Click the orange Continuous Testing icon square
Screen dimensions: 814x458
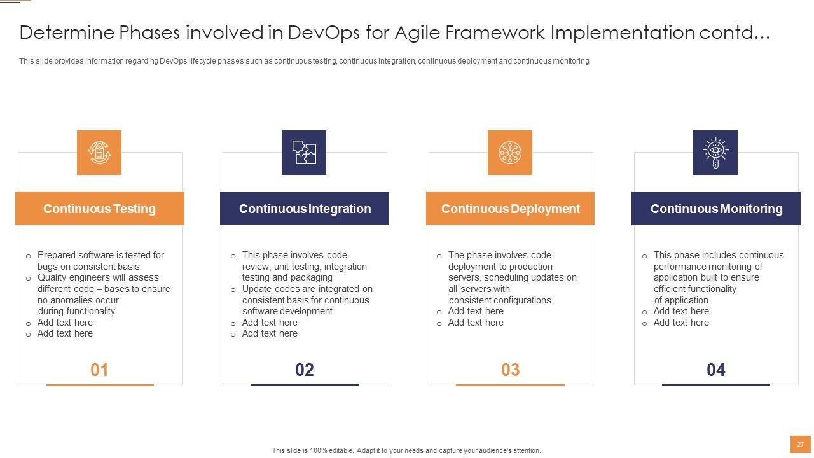pyautogui.click(x=99, y=153)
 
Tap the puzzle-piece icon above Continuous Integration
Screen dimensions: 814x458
pyautogui.click(x=304, y=153)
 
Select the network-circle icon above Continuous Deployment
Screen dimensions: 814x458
pyautogui.click(x=510, y=153)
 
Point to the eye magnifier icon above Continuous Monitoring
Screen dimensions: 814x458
pyautogui.click(x=715, y=153)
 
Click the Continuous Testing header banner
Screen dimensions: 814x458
pyautogui.click(x=100, y=209)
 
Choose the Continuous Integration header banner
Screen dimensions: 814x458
pyautogui.click(x=305, y=209)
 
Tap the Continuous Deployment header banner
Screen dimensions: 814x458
pyautogui.click(x=510, y=209)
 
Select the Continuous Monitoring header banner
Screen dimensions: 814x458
pyautogui.click(x=716, y=209)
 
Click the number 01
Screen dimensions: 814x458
pyautogui.click(x=99, y=370)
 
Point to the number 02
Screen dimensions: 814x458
pyautogui.click(x=305, y=370)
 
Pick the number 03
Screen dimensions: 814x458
pyautogui.click(x=510, y=370)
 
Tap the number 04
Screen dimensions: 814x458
pyautogui.click(x=716, y=370)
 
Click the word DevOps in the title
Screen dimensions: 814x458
pyautogui.click(x=324, y=32)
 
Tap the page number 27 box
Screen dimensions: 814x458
pyautogui.click(x=801, y=445)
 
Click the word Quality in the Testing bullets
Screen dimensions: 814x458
pyautogui.click(x=52, y=278)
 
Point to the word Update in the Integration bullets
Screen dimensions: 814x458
pyautogui.click(x=257, y=289)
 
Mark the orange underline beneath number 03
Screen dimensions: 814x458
pyautogui.click(x=510, y=385)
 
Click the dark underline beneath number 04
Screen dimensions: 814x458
pyautogui.click(x=716, y=385)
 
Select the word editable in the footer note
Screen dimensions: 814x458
pyautogui.click(x=341, y=451)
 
